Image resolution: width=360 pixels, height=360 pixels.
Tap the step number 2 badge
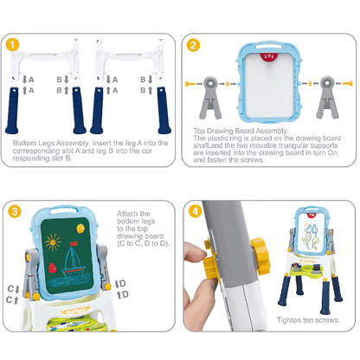pos(195,44)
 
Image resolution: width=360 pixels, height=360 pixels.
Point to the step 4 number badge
pos(195,210)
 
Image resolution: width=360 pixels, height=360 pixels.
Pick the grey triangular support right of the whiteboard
pos(326,95)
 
